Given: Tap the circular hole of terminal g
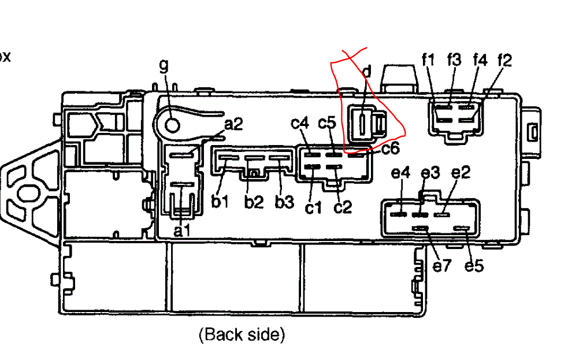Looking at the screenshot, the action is pyautogui.click(x=171, y=124).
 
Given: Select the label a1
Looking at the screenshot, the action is pyautogui.click(x=182, y=231).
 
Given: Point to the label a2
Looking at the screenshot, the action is pyautogui.click(x=234, y=124).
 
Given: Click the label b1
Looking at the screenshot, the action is pyautogui.click(x=220, y=202).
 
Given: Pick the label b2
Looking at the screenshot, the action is pyautogui.click(x=253, y=202).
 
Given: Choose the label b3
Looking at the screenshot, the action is pyautogui.click(x=284, y=202).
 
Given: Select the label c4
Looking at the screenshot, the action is pyautogui.click(x=300, y=123).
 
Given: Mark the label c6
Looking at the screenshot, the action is pyautogui.click(x=390, y=149).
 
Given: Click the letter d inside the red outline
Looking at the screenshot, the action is pyautogui.click(x=366, y=72).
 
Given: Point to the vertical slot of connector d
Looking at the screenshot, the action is pyautogui.click(x=362, y=123).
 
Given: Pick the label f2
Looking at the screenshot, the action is pyautogui.click(x=504, y=60).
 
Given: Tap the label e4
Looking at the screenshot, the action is pyautogui.click(x=400, y=173).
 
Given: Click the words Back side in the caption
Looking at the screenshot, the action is pyautogui.click(x=242, y=334).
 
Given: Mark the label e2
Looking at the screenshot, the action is pyautogui.click(x=461, y=173).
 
